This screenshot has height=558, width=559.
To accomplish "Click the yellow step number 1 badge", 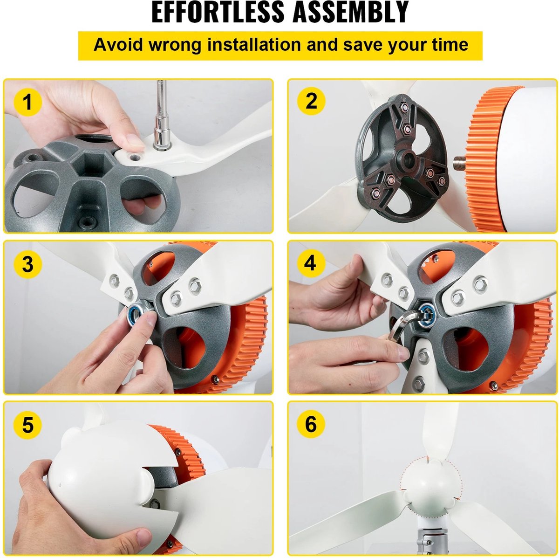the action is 27,102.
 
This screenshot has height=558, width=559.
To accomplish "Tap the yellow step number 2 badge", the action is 311,101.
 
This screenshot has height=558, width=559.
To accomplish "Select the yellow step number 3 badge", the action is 27,264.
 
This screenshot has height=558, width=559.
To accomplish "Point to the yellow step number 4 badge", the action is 311,263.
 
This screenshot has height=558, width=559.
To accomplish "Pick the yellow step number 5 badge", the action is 27,425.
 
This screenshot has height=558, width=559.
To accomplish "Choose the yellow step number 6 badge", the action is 311,424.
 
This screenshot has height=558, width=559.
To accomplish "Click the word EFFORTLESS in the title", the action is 218,12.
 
